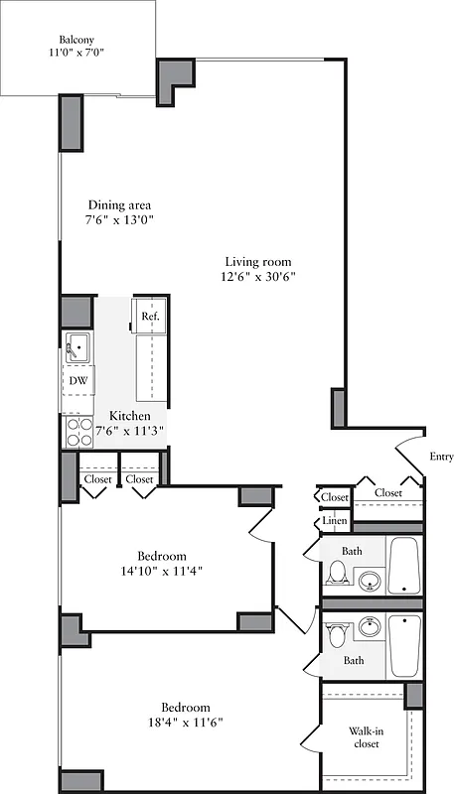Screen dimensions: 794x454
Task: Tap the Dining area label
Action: tap(118, 205)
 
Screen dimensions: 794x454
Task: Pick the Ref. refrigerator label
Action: tap(150, 317)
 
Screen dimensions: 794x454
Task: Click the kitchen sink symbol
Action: tap(76, 348)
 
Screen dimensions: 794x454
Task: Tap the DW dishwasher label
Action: tap(77, 381)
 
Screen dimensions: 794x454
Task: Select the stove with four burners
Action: tap(77, 429)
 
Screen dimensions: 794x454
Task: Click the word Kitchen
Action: tap(130, 415)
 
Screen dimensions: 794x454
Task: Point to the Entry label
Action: tap(440, 457)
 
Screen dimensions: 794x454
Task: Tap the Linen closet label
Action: tap(334, 522)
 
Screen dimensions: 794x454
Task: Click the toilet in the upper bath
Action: tap(337, 573)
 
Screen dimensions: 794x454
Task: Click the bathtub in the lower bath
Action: tap(405, 645)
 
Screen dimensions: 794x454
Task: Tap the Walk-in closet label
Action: tap(366, 735)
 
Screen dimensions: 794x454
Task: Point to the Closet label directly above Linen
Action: tap(335, 497)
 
